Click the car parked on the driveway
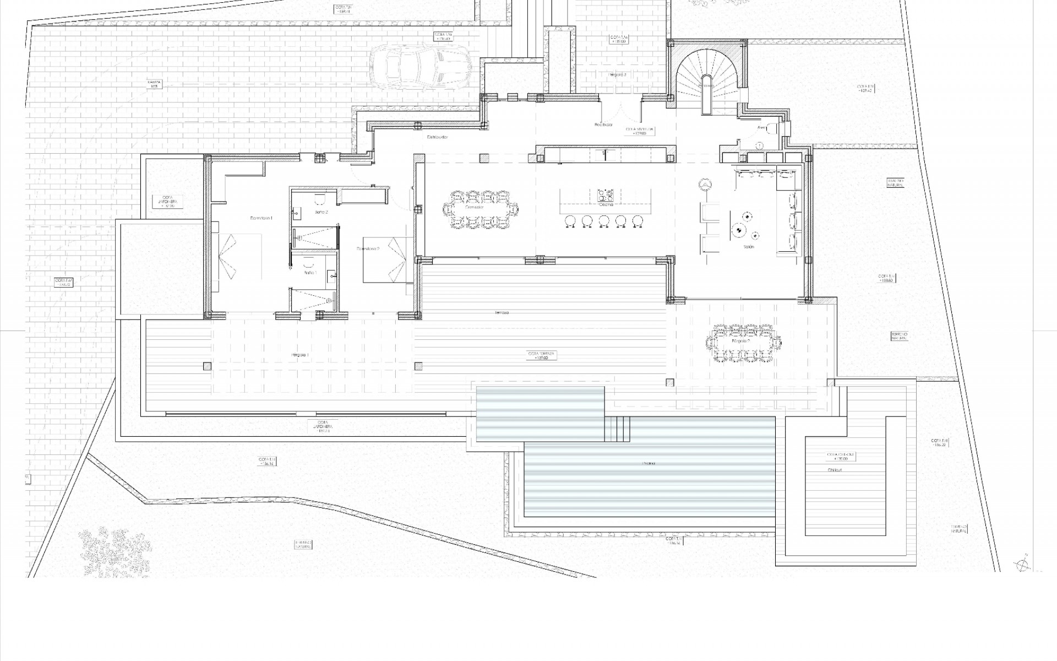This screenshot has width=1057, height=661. (419, 67)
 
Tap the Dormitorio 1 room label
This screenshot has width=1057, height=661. (261, 219)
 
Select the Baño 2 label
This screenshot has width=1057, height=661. (321, 212)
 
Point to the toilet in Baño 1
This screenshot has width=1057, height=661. (308, 258)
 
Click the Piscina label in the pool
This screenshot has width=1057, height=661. (649, 464)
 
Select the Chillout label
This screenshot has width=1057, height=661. (835, 470)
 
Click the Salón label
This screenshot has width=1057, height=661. (749, 247)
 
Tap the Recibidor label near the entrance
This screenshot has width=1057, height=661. (603, 125)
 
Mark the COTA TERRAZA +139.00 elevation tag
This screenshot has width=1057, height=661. (542, 356)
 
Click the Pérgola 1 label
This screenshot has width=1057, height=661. (300, 355)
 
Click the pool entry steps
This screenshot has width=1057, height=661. (617, 429)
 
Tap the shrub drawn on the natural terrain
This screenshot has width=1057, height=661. (115, 551)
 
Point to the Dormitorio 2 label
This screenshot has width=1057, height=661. (368, 249)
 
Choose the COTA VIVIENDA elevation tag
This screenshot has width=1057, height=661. (640, 131)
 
